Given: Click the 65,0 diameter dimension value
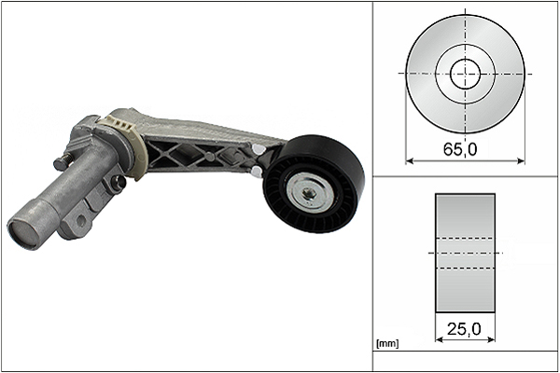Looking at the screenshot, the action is pyautogui.click(x=460, y=149).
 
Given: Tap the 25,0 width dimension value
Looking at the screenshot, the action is pyautogui.click(x=464, y=329).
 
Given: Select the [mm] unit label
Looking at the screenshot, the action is pyautogui.click(x=387, y=344).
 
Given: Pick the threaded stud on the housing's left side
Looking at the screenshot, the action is pyautogui.click(x=63, y=161).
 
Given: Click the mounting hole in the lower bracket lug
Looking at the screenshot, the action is pyautogui.click(x=81, y=221).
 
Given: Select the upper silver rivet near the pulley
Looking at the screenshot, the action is pyautogui.click(x=256, y=148).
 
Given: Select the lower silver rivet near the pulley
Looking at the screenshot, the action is pyautogui.click(x=255, y=172).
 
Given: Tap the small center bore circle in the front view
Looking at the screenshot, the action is pyautogui.click(x=465, y=74).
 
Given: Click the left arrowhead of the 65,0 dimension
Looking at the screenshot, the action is pyautogui.click(x=410, y=161).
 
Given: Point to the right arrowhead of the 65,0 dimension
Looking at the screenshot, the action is pyautogui.click(x=521, y=161).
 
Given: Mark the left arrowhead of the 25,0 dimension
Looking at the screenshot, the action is pyautogui.click(x=439, y=339).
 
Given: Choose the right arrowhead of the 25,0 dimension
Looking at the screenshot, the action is pyautogui.click(x=492, y=339).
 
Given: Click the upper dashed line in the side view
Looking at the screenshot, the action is pyautogui.click(x=465, y=238).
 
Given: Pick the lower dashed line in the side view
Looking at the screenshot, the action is pyautogui.click(x=465, y=268).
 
